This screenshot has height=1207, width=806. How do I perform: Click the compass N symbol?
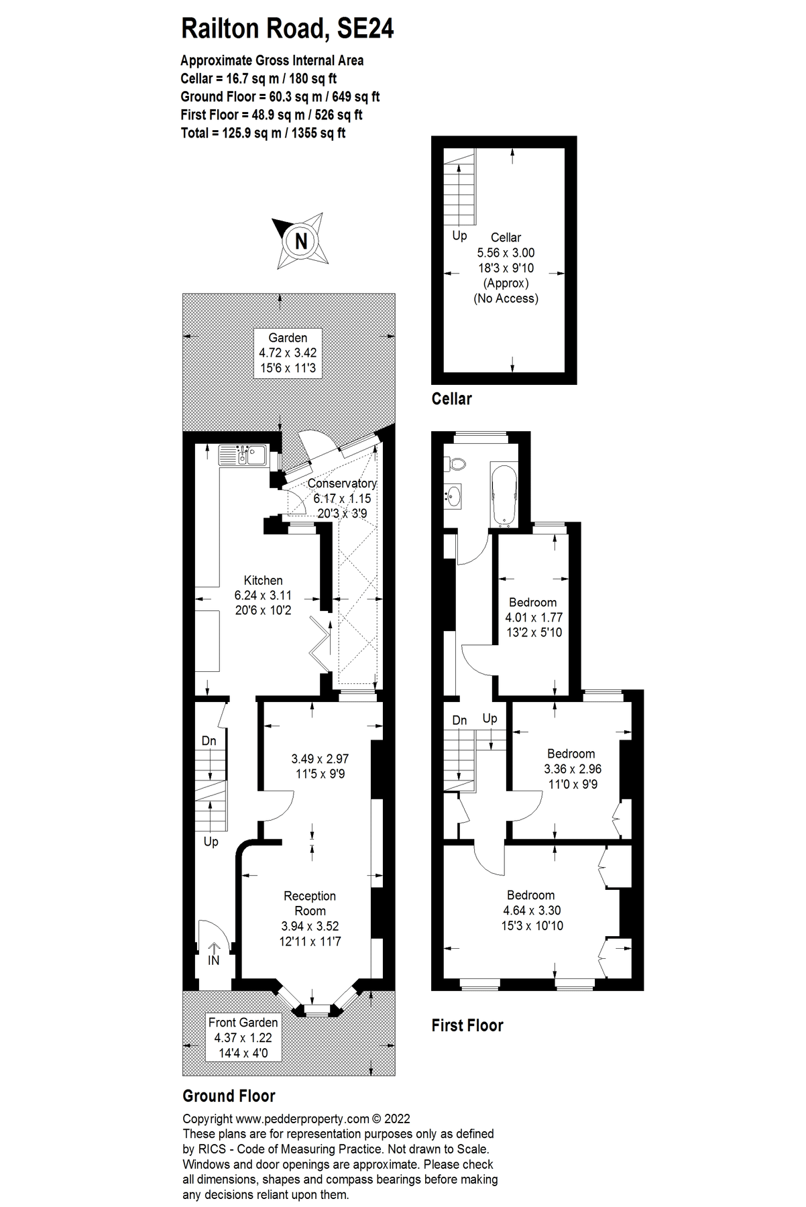pos(301,241)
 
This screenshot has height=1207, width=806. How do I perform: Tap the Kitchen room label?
pos(263,581)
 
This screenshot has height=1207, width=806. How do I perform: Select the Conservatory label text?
pos(342,483)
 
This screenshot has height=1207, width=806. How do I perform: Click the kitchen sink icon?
pos(243,456)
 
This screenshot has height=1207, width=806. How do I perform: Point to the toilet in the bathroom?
pos(459,463)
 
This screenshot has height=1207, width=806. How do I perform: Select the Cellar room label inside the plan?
pos(506,237)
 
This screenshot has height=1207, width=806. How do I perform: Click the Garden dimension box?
pos(288,353)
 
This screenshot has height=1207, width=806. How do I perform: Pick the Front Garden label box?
pos(243,1037)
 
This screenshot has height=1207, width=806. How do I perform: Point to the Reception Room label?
pos(310,903)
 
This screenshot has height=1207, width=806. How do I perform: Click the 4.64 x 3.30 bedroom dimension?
pos(532,911)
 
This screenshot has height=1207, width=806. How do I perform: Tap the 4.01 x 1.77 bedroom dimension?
pos(534,618)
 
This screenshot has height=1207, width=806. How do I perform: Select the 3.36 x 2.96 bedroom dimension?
pos(572,769)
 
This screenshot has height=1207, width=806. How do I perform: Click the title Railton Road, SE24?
pos(288,29)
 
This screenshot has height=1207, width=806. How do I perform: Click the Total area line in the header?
pos(263,133)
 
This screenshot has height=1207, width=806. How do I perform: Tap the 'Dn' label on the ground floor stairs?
pos(209,741)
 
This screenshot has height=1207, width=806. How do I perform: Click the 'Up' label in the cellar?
pos(459,235)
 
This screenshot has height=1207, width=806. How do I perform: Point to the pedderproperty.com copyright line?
pos(296,1118)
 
